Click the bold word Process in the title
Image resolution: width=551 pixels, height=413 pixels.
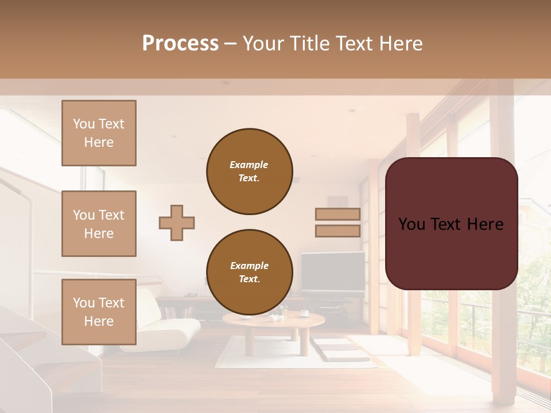180,44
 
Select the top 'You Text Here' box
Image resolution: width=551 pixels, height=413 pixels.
99,133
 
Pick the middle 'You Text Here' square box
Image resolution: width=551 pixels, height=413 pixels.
99,224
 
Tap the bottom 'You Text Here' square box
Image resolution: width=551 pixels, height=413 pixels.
99,311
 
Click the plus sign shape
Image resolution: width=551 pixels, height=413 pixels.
177,223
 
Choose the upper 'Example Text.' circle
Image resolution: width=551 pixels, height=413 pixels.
249,172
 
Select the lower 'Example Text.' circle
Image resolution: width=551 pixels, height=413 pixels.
249,272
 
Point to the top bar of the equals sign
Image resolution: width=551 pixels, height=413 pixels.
337,215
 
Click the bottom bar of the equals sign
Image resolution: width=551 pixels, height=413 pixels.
337,231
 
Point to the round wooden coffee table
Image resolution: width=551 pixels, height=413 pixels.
273,322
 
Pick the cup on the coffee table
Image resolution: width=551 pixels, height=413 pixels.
304,313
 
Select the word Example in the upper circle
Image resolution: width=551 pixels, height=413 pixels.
249,165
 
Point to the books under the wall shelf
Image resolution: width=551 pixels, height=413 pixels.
178,313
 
